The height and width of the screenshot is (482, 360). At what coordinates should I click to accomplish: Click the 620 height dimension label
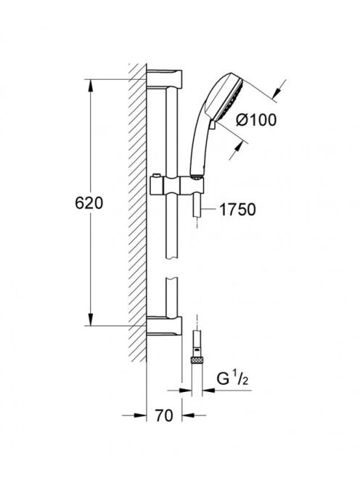[89, 203]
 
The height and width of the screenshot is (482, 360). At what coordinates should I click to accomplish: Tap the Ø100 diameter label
[256, 120]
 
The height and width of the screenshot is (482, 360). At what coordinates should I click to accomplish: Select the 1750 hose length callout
[237, 210]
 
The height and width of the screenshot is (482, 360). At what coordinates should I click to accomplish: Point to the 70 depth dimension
[164, 416]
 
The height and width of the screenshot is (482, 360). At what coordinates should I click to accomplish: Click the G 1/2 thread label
[232, 380]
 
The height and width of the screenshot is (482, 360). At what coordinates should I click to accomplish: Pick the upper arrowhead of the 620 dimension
[91, 86]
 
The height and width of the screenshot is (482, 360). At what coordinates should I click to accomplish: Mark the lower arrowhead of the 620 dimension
[91, 319]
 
